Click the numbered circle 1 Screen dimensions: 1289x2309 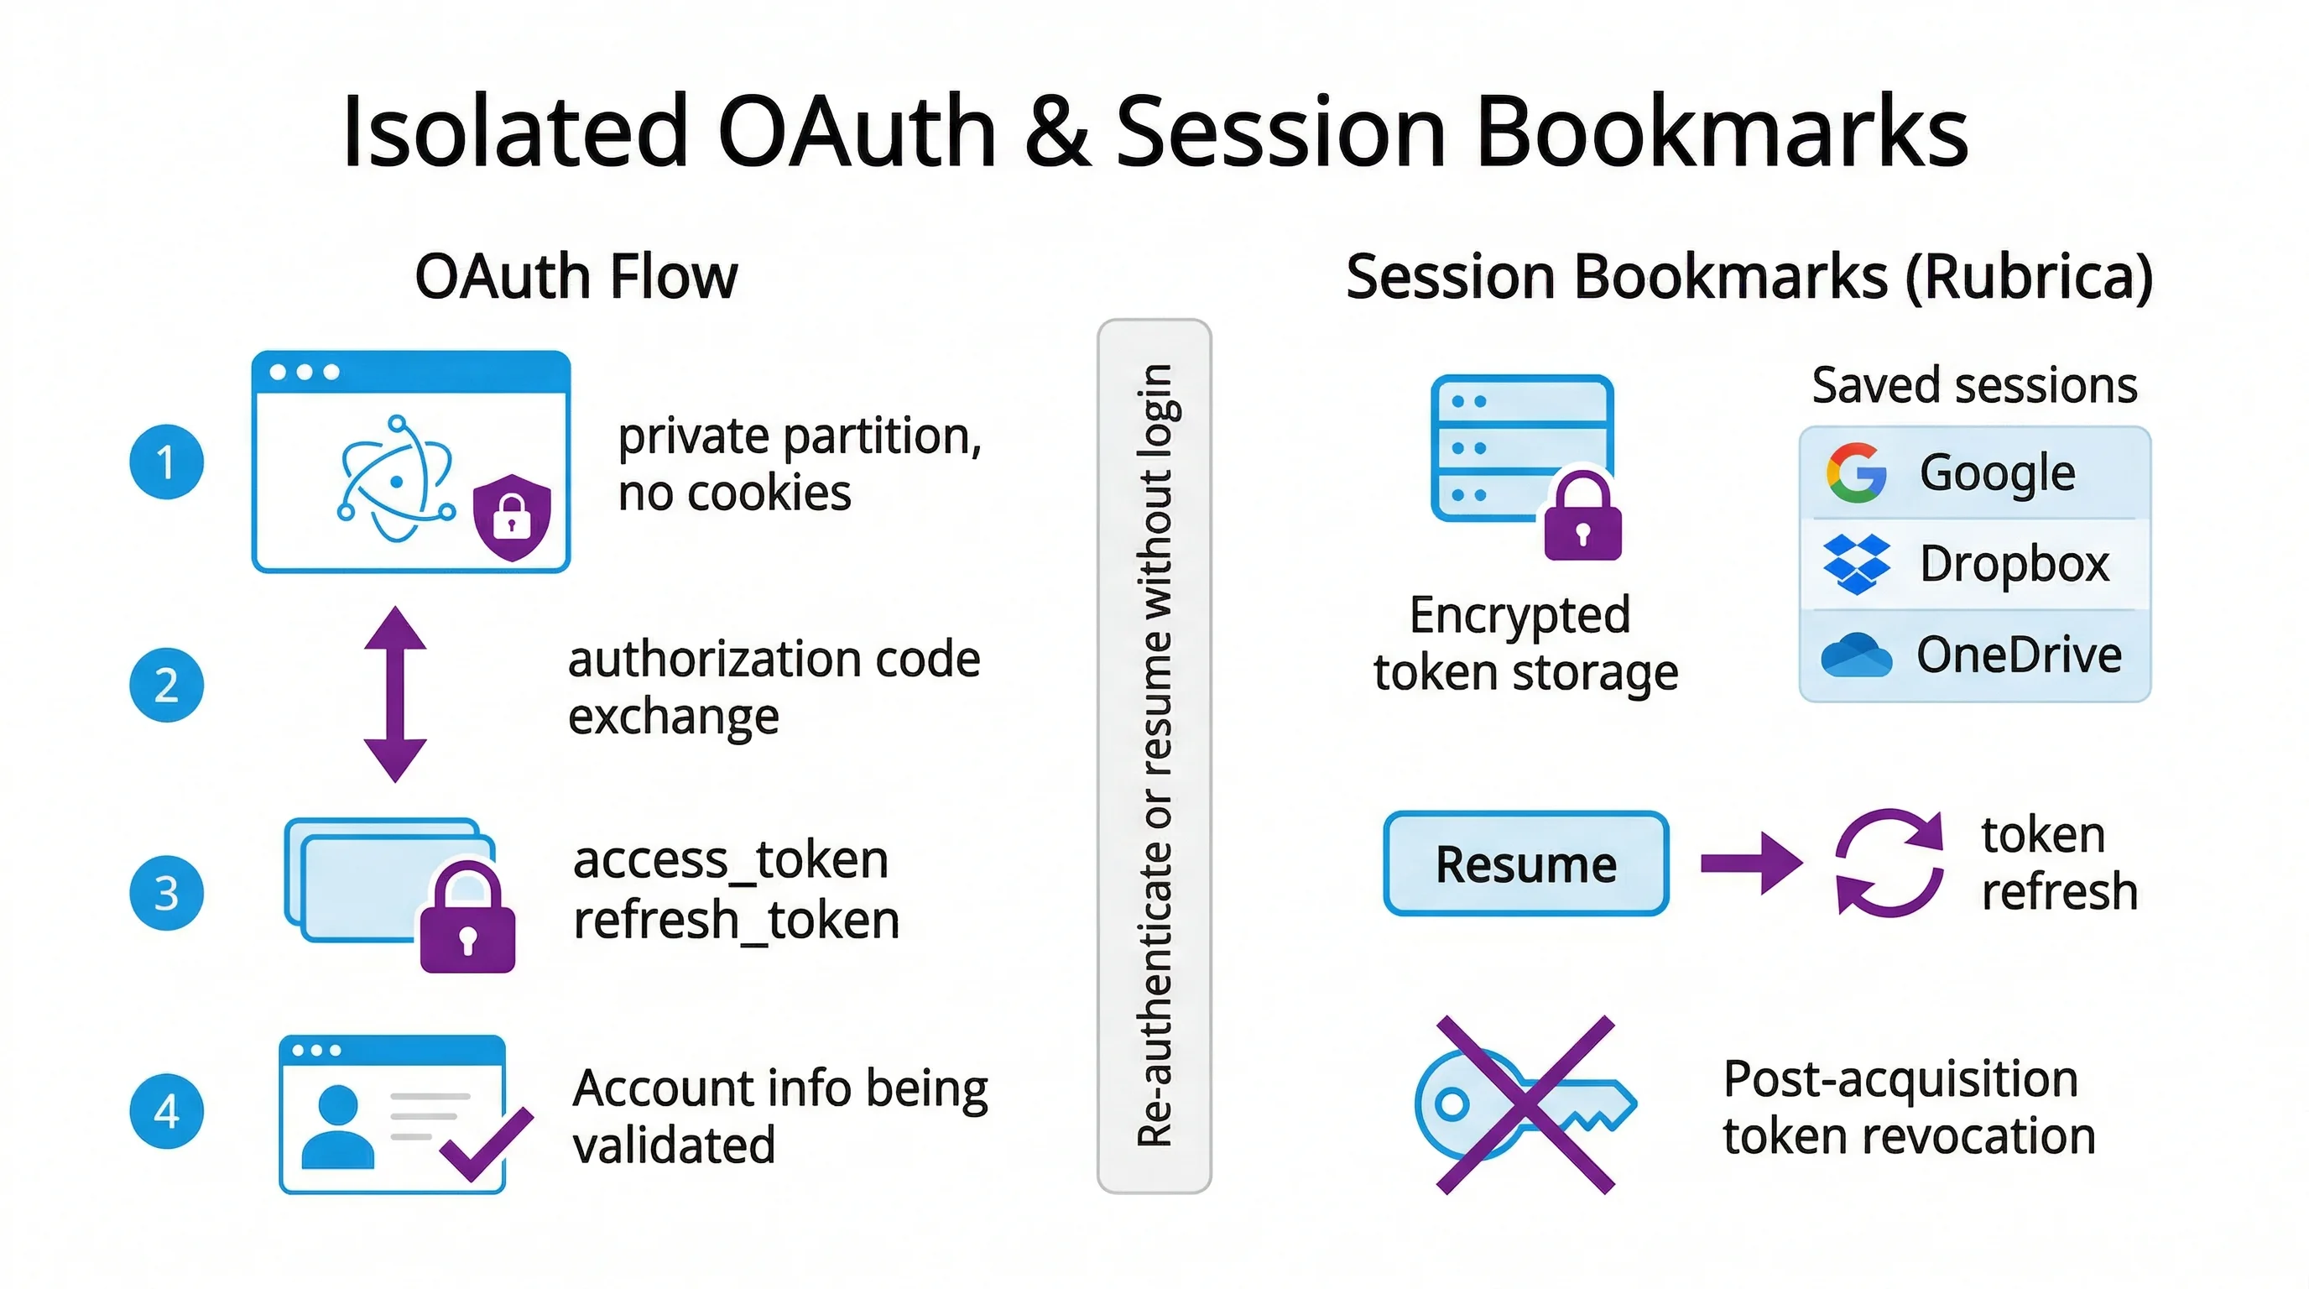pyautogui.click(x=166, y=462)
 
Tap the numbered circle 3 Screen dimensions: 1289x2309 pyautogui.click(x=166, y=893)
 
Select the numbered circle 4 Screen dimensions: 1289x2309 pyautogui.click(x=166, y=1112)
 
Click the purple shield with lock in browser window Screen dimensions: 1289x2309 pyautogui.click(x=512, y=517)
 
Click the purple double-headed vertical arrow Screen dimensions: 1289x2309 pyautogui.click(x=395, y=695)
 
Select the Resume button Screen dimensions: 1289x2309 pyautogui.click(x=1525, y=864)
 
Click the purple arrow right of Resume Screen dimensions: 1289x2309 pyautogui.click(x=1750, y=864)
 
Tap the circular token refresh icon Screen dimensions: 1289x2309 pyautogui.click(x=1889, y=864)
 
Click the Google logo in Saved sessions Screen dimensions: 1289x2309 pyautogui.click(x=1856, y=472)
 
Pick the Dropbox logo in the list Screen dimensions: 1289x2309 pyautogui.click(x=1856, y=564)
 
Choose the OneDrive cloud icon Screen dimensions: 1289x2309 pyautogui.click(x=1856, y=655)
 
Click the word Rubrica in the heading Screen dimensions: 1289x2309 pyautogui.click(x=2029, y=277)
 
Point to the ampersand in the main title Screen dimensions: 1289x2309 pyautogui.click(x=1058, y=132)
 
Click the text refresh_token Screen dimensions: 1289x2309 pyautogui.click(x=736, y=921)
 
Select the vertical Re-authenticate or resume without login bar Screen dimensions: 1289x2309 pyautogui.click(x=1154, y=755)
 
